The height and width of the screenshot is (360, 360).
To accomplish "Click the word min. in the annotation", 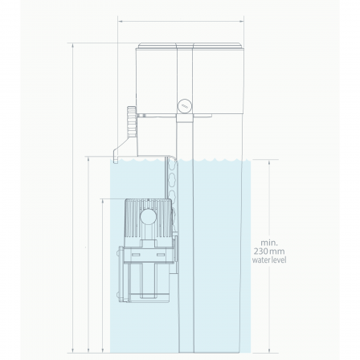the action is click(269, 243).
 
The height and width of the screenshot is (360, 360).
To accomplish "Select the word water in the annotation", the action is click(261, 260).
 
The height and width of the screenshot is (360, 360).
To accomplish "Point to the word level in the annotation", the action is click(279, 260).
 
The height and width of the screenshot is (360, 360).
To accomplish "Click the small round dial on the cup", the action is click(185, 106).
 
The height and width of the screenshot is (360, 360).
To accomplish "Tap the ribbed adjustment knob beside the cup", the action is click(132, 121).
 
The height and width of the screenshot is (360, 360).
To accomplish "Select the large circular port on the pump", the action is click(148, 216).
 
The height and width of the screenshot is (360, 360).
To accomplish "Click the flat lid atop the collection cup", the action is click(191, 46).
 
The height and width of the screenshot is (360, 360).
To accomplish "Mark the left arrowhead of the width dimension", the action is click(120, 21).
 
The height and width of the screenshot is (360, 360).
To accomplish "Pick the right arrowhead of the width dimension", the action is click(242, 21).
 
